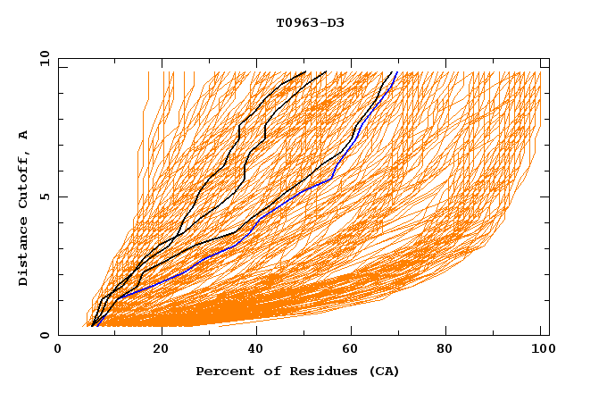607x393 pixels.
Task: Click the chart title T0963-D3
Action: point(310,22)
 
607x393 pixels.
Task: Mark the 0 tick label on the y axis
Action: point(45,336)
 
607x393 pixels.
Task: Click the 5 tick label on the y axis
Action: point(45,196)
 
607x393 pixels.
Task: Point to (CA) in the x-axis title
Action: point(382,372)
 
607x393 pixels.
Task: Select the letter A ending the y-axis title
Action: point(24,135)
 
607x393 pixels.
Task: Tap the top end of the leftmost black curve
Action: point(305,71)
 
